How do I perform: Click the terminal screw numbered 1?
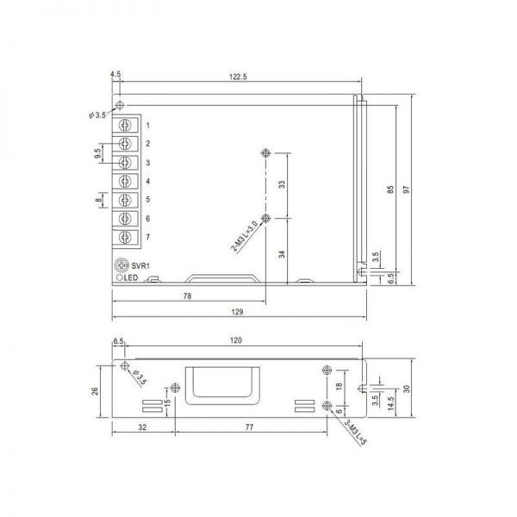pos(125,125)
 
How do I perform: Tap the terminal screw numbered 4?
pos(125,181)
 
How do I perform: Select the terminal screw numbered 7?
pos(125,237)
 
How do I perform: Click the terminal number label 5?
pos(147,199)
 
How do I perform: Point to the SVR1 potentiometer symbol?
pos(121,265)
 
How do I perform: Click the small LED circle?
pos(120,277)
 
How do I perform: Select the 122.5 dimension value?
pos(238,77)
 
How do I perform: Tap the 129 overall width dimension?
pos(237,312)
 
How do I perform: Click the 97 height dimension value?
pos(407,190)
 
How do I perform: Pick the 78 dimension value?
pos(187,296)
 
